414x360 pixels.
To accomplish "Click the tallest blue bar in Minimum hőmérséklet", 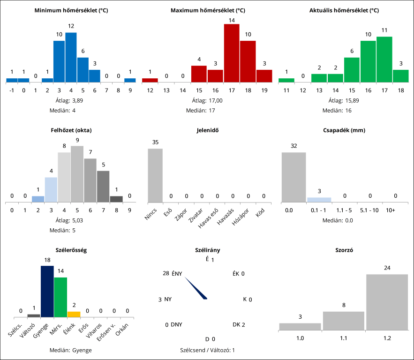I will (71, 57).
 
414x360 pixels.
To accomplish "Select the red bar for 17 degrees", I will (232, 53).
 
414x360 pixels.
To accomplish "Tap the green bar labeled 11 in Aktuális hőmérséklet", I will (384, 59).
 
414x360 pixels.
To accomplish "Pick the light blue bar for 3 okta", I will (51, 190).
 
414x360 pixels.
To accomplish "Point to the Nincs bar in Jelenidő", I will (155, 175).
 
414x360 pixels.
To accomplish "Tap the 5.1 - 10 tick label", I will (369, 210).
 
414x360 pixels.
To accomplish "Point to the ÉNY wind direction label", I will (177, 274).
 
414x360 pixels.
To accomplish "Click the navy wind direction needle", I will (196, 288).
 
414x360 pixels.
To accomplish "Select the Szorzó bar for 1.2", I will (387, 302).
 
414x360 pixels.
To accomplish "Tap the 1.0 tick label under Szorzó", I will (300, 337).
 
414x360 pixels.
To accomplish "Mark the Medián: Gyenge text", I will (71, 350).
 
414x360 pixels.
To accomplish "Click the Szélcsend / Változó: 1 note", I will (207, 350).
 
